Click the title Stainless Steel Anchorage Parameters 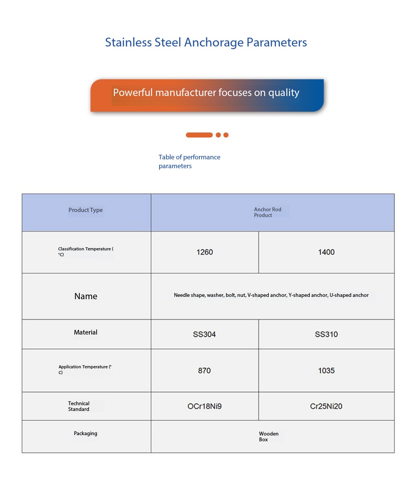click(206, 42)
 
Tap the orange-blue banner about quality click(207, 95)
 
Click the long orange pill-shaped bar click(199, 135)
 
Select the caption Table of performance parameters click(189, 162)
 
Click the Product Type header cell click(85, 210)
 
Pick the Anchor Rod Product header click(268, 212)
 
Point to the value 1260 click(205, 252)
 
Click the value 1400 click(326, 252)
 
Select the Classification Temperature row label click(85, 252)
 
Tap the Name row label click(86, 296)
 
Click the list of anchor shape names click(271, 295)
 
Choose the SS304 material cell click(204, 335)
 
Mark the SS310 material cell click(326, 335)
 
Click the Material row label click(85, 332)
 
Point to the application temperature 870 click(204, 371)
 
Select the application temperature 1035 click(326, 371)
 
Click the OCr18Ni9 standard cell click(204, 406)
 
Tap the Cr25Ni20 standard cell click(326, 406)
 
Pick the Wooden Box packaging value click(268, 437)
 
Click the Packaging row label click(85, 434)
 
